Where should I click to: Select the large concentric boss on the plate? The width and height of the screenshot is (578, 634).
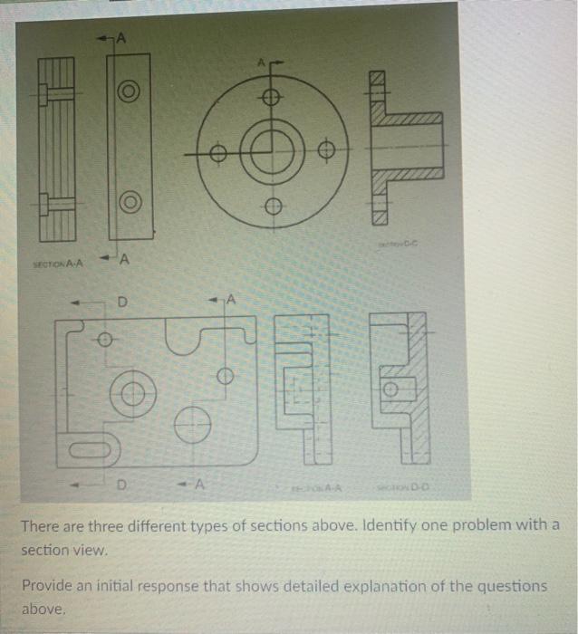(133, 394)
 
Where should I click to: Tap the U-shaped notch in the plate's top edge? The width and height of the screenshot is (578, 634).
(187, 340)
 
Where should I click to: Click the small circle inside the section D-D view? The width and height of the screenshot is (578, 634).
(390, 390)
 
